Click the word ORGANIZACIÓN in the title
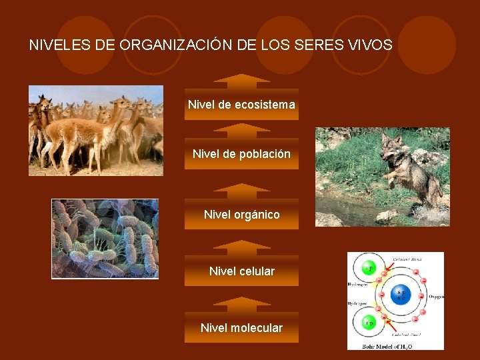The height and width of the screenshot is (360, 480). (175, 45)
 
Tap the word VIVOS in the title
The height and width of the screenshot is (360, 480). (370, 45)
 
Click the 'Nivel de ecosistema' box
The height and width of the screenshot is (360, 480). (241, 105)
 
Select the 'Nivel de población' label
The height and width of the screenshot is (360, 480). (241, 154)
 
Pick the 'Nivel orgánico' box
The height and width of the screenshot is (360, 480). (241, 215)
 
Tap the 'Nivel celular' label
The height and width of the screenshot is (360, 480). (241, 271)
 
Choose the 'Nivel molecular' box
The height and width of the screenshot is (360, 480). (241, 328)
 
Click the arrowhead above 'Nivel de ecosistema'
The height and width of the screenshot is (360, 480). (241, 81)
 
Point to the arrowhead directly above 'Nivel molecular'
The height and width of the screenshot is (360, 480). (241, 305)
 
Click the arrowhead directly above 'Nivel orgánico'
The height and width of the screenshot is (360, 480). (241, 191)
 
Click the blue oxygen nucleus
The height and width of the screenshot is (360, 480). (401, 294)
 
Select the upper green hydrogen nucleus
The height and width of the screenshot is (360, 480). (368, 269)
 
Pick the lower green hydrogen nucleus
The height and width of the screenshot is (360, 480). (368, 323)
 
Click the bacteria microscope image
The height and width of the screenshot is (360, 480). (105, 238)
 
